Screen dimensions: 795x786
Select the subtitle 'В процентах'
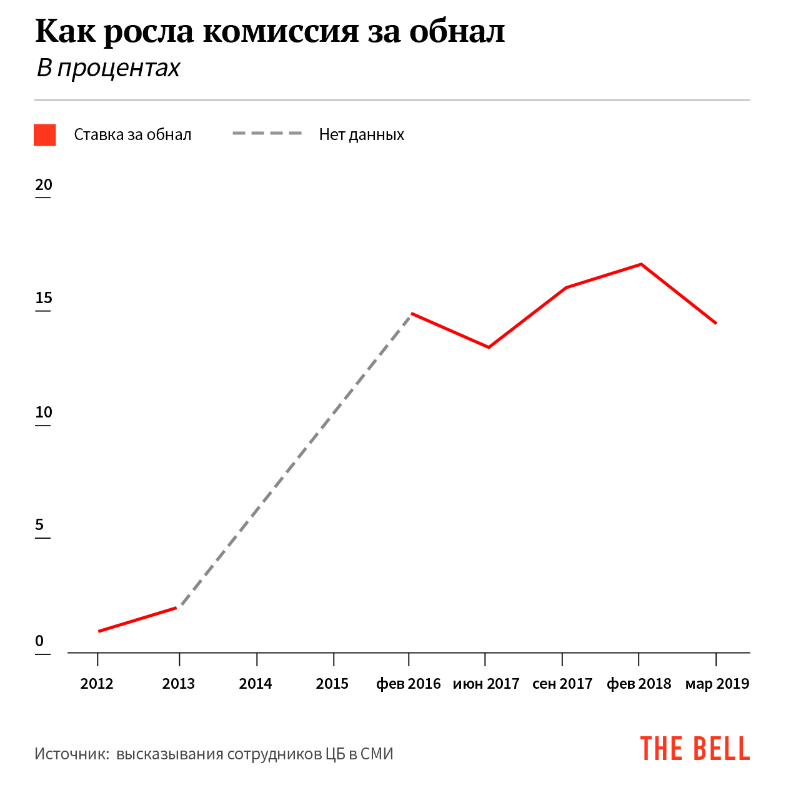[x=108, y=68]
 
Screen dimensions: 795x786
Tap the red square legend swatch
[x=45, y=135]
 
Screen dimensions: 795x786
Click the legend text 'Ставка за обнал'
[x=132, y=135]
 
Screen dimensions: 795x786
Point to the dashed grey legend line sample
[x=267, y=134]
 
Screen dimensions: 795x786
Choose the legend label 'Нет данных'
[x=361, y=135]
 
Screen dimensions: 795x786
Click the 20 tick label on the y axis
[x=44, y=185]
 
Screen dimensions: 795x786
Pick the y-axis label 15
[x=44, y=298]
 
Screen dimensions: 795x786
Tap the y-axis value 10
[x=44, y=412]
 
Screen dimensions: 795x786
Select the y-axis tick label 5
[x=40, y=525]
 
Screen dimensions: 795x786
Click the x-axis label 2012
[x=97, y=684]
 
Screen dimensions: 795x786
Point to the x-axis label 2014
[x=256, y=684]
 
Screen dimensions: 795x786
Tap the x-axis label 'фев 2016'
[x=409, y=684]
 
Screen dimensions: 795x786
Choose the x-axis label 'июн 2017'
[x=486, y=684]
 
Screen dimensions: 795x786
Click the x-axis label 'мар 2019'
[x=717, y=684]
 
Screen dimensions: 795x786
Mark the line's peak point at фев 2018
[x=640, y=264]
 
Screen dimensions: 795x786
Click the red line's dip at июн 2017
[x=488, y=347]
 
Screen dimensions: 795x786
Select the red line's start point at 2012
[x=99, y=631]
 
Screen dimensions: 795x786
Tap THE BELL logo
[x=695, y=749]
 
